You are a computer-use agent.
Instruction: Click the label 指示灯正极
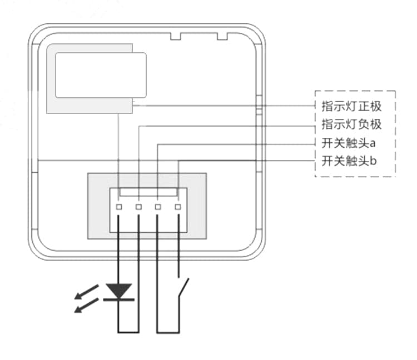(351, 106)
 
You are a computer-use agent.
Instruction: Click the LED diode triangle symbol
(119, 290)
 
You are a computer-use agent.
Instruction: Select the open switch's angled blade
(183, 289)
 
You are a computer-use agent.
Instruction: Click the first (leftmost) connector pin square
(119, 207)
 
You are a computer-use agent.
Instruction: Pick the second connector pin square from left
(138, 207)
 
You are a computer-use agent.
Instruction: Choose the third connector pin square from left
(158, 207)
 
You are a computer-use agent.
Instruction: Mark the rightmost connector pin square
(178, 207)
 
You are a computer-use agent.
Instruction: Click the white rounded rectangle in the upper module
(101, 75)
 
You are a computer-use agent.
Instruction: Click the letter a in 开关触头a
(373, 144)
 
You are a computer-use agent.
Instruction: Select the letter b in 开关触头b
(374, 162)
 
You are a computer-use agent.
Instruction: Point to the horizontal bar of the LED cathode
(119, 300)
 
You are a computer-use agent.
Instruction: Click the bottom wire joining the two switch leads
(168, 332)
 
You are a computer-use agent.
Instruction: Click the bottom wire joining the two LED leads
(129, 332)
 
